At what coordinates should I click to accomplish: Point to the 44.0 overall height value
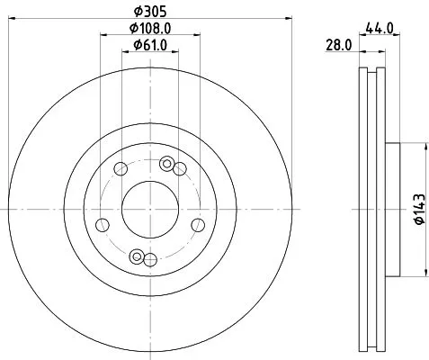click(378, 29)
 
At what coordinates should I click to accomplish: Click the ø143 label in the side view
click(418, 210)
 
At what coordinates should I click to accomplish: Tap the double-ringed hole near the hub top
click(165, 163)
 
